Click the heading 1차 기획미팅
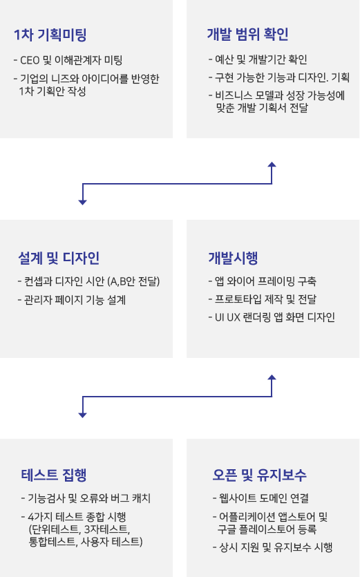[50, 35]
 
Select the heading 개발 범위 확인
[247, 35]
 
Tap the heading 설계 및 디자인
[59, 258]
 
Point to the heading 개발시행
[233, 258]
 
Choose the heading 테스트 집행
[54, 475]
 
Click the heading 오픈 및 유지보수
[260, 475]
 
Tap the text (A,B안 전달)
[133, 281]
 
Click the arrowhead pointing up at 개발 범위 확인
[272, 164]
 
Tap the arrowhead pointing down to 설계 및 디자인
[82, 202]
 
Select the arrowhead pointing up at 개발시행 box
[272, 377]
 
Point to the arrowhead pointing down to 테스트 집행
[82, 415]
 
